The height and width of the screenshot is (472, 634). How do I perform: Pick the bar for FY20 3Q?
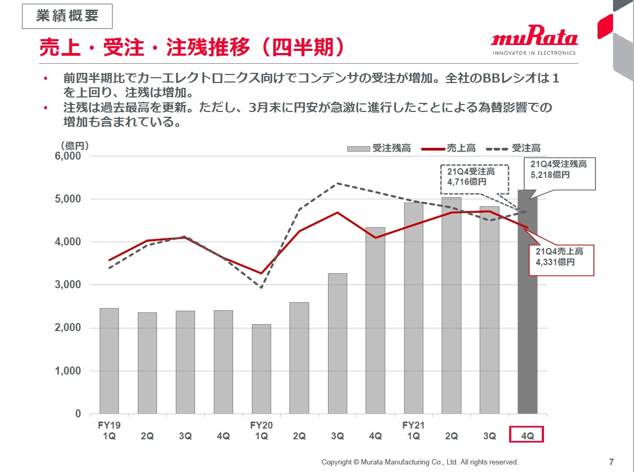(338, 343)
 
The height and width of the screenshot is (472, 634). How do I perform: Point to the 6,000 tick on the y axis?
(69, 156)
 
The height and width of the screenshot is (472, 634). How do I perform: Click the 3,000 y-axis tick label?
(69, 285)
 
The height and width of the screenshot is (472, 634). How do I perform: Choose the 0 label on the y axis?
(78, 414)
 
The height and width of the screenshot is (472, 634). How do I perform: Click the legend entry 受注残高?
(379, 148)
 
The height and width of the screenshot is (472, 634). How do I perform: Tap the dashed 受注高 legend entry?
(513, 148)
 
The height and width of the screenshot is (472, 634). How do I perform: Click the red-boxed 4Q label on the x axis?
(527, 435)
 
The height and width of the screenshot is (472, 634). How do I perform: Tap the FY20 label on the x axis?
(262, 425)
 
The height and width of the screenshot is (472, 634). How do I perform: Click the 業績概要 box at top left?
(67, 16)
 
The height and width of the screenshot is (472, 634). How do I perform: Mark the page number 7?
(611, 462)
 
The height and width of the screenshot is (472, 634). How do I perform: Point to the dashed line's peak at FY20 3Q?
(337, 183)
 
